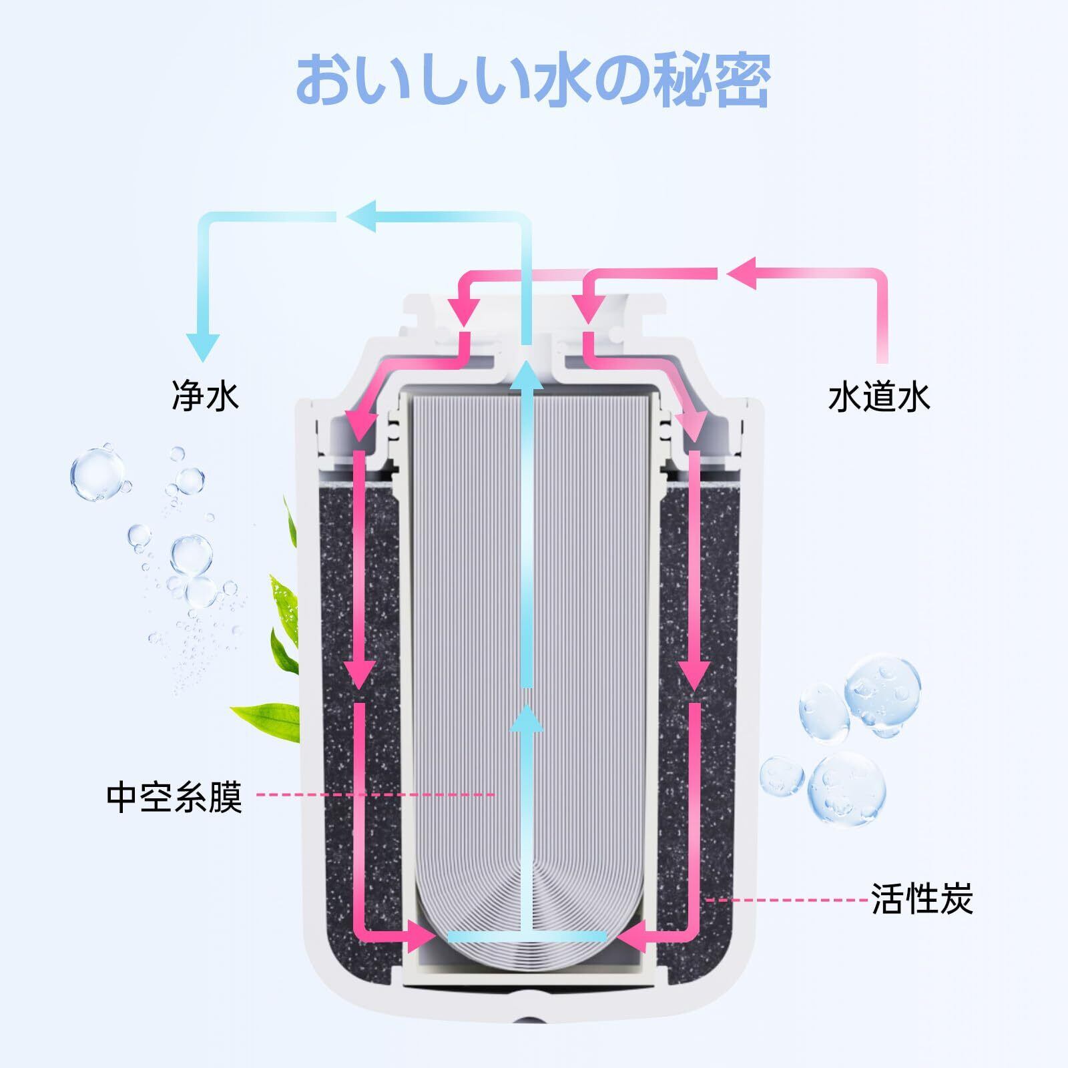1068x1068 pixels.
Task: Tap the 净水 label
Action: point(205,396)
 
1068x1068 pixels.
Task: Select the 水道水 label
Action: point(878,397)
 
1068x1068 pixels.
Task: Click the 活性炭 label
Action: point(922,899)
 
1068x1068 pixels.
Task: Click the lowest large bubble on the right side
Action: point(846,790)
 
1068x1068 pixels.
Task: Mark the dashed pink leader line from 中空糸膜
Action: point(376,795)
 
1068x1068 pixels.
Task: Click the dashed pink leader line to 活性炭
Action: point(788,900)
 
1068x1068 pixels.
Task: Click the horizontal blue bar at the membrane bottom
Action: point(527,937)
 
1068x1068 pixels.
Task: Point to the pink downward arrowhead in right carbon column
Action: point(694,674)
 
